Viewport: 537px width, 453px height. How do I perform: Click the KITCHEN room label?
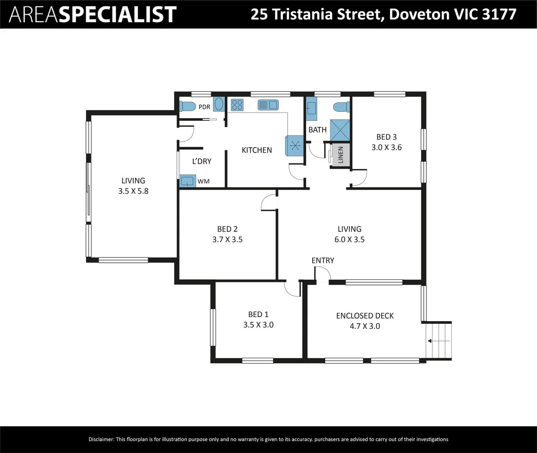(256, 150)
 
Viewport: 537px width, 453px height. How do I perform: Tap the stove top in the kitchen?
(237, 104)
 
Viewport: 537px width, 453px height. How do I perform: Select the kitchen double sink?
(268, 104)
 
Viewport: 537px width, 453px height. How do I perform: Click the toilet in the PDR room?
(188, 106)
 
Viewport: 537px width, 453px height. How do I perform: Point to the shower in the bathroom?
(340, 130)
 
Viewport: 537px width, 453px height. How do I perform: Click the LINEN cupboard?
(340, 155)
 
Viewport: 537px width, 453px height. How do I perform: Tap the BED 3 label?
(386, 137)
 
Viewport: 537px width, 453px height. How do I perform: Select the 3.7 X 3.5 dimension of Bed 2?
(227, 240)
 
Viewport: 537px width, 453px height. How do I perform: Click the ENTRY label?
(323, 260)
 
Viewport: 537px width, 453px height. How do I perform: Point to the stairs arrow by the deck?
(438, 341)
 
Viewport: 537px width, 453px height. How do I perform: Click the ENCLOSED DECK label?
(365, 316)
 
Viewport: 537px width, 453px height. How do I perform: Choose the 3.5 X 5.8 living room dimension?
(133, 191)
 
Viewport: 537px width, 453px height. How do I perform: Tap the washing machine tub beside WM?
(188, 181)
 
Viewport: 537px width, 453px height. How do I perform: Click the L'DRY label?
(201, 161)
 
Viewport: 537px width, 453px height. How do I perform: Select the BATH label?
(318, 130)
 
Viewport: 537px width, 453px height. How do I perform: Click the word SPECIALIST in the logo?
(117, 15)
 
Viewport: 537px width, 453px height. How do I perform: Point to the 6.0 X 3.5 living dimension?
(349, 240)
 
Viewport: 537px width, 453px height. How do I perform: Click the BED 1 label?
(258, 314)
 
